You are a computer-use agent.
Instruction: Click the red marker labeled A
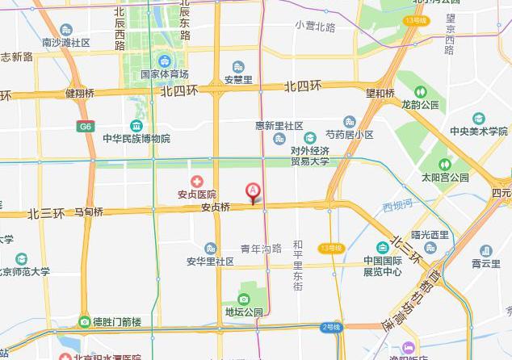coord(253,191)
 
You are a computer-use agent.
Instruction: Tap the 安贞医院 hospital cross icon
coord(195,182)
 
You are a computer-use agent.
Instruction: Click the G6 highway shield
coord(85,126)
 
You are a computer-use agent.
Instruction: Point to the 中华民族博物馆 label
coord(136,139)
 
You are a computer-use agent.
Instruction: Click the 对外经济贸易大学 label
coord(299,156)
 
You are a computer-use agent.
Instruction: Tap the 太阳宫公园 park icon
coord(444,165)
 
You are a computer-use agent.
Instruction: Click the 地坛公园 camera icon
coord(243,299)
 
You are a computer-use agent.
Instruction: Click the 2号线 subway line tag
coord(331,327)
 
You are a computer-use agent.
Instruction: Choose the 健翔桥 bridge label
coord(81,93)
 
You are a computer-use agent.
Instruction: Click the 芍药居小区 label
coord(349,134)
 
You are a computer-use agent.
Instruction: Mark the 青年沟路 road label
coord(261,248)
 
